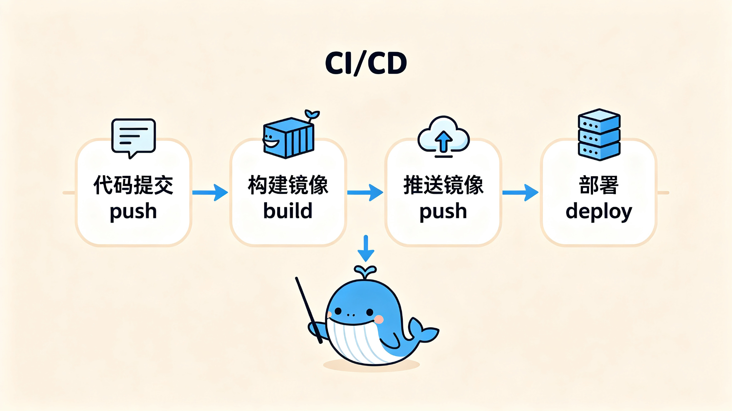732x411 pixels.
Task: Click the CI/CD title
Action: click(366, 63)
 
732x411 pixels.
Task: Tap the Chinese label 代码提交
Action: click(133, 185)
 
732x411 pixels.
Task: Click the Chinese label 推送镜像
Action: click(443, 185)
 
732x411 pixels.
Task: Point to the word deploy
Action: click(599, 212)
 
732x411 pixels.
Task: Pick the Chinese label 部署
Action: click(599, 185)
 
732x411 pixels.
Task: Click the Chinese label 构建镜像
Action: click(288, 185)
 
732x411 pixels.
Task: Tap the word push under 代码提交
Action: click(133, 212)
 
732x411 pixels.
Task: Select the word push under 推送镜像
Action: click(443, 212)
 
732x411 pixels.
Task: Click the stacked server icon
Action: click(599, 135)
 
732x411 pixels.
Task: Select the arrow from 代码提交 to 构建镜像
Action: click(210, 193)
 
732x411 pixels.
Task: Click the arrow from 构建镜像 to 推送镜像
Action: click(365, 193)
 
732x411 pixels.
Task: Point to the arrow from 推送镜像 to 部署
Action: click(520, 193)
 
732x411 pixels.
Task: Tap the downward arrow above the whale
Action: click(366, 249)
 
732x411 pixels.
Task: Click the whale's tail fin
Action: click(424, 330)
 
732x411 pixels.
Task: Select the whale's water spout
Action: click(365, 272)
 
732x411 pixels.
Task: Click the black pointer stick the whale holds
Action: click(309, 310)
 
